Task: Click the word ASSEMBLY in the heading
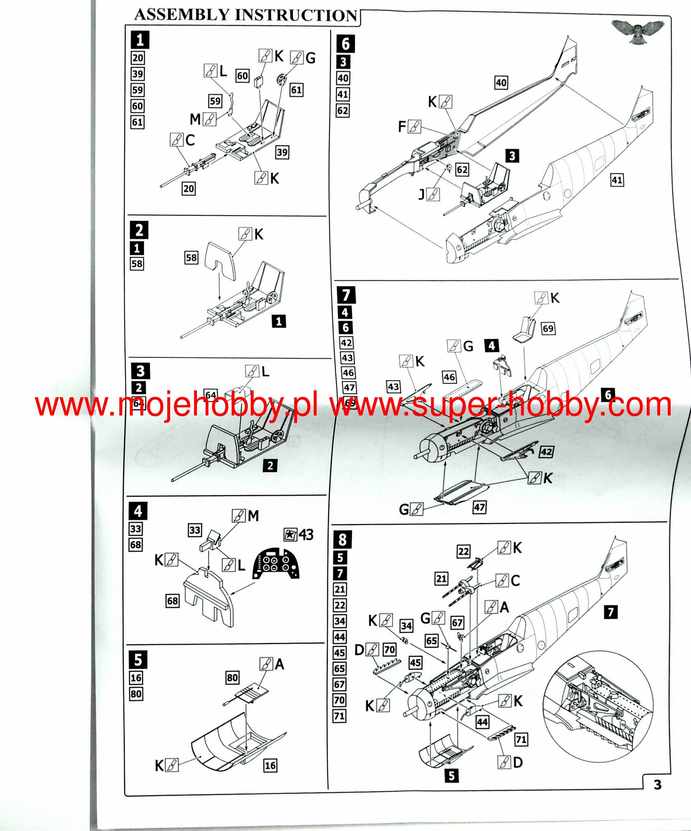[182, 15]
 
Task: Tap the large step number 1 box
[140, 40]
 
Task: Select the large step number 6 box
[345, 43]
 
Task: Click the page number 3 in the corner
[657, 784]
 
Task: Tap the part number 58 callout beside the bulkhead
[191, 258]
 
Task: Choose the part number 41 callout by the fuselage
[617, 180]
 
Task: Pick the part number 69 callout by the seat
[548, 328]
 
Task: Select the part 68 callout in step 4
[173, 601]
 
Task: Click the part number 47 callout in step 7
[479, 507]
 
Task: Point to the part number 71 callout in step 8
[521, 739]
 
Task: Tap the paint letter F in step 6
[402, 127]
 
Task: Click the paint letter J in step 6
[422, 195]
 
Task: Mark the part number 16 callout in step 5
[270, 765]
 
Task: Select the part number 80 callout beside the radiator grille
[233, 677]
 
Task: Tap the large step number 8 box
[342, 540]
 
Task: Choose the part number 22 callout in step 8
[464, 551]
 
